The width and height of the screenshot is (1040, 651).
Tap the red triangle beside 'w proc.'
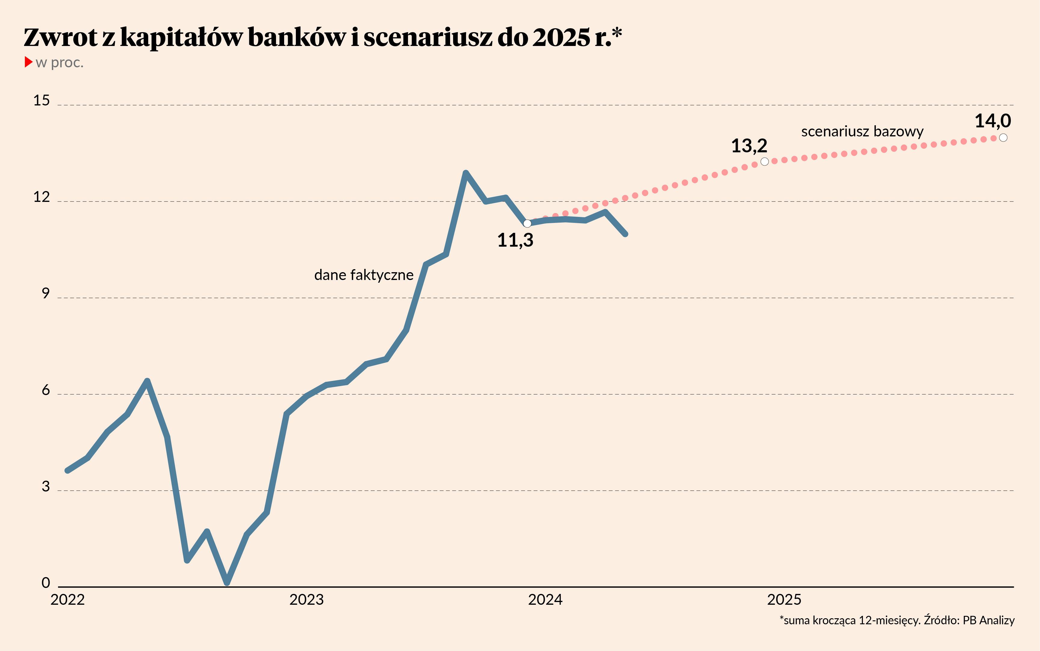29,62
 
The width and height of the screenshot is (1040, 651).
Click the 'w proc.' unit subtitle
60,63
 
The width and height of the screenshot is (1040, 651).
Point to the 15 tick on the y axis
42,101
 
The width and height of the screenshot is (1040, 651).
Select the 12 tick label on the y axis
42,197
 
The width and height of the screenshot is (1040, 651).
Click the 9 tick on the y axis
46,294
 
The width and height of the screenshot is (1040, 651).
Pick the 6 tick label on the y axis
46,390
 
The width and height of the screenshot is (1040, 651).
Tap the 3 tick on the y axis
46,487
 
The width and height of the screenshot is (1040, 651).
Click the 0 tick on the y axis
46,583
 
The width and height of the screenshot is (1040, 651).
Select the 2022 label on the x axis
68,600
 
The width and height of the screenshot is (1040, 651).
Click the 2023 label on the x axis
306,600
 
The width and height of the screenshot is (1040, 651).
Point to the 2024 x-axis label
545,600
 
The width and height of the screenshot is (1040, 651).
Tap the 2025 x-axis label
784,600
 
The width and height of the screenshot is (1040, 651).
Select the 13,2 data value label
749,146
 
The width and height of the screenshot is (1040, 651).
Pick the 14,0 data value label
992,121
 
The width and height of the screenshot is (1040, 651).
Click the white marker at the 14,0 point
1003,138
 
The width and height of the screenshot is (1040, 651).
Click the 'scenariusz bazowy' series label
862,131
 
